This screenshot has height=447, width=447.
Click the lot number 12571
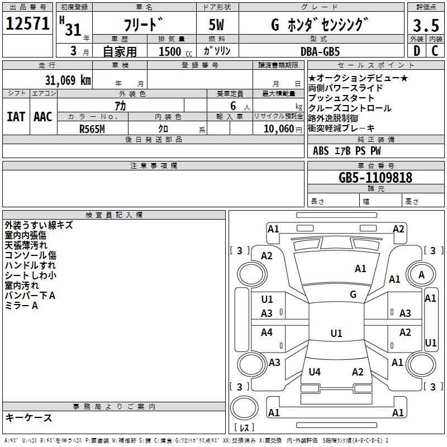pos(27,23)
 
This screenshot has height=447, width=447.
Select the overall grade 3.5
pos(426,25)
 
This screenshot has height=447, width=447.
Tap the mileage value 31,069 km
pos(68,80)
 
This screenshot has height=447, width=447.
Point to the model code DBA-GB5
pos(320,51)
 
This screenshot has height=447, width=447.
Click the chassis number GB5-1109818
pos(375,178)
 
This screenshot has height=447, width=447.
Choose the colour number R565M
pos(92,129)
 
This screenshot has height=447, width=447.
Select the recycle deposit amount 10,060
pos(279,129)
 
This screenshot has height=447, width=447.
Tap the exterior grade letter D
pos(417,51)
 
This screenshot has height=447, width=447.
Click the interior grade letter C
pos(435,51)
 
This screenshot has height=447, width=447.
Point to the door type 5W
pos(216,25)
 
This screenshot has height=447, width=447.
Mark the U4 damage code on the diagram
pos(315,372)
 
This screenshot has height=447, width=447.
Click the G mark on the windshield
pos(353,294)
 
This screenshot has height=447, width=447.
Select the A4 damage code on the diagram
pos(267,332)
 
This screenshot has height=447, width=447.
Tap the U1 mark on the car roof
pos(336,333)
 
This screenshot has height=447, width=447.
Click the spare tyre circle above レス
pos(244,408)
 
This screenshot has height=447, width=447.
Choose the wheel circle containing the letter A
pos(421,275)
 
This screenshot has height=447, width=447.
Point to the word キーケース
pos(29,418)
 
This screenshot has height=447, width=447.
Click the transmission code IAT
pos(16,117)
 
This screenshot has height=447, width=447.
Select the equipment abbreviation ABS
pos(321,151)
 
